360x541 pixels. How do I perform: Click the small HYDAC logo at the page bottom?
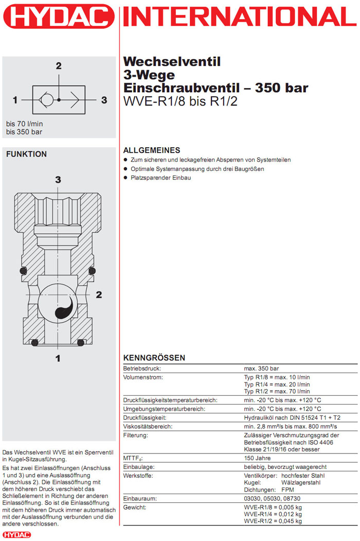(16, 535)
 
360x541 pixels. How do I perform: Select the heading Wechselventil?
(172, 62)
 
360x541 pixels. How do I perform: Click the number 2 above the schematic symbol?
(59, 65)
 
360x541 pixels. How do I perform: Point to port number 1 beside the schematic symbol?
(16, 100)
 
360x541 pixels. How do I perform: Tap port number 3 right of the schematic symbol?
(104, 100)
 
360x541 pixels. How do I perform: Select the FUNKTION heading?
(26, 154)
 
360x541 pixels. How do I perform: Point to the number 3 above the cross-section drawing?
(58, 180)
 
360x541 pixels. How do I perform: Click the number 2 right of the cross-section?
(99, 294)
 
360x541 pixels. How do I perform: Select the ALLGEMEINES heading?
(152, 150)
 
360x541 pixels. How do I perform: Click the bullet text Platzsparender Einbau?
(160, 178)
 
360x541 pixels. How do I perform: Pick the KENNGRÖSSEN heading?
(154, 358)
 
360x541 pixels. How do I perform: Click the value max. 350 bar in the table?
(261, 369)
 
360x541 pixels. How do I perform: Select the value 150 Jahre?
(257, 458)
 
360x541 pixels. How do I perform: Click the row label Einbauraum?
(140, 499)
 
